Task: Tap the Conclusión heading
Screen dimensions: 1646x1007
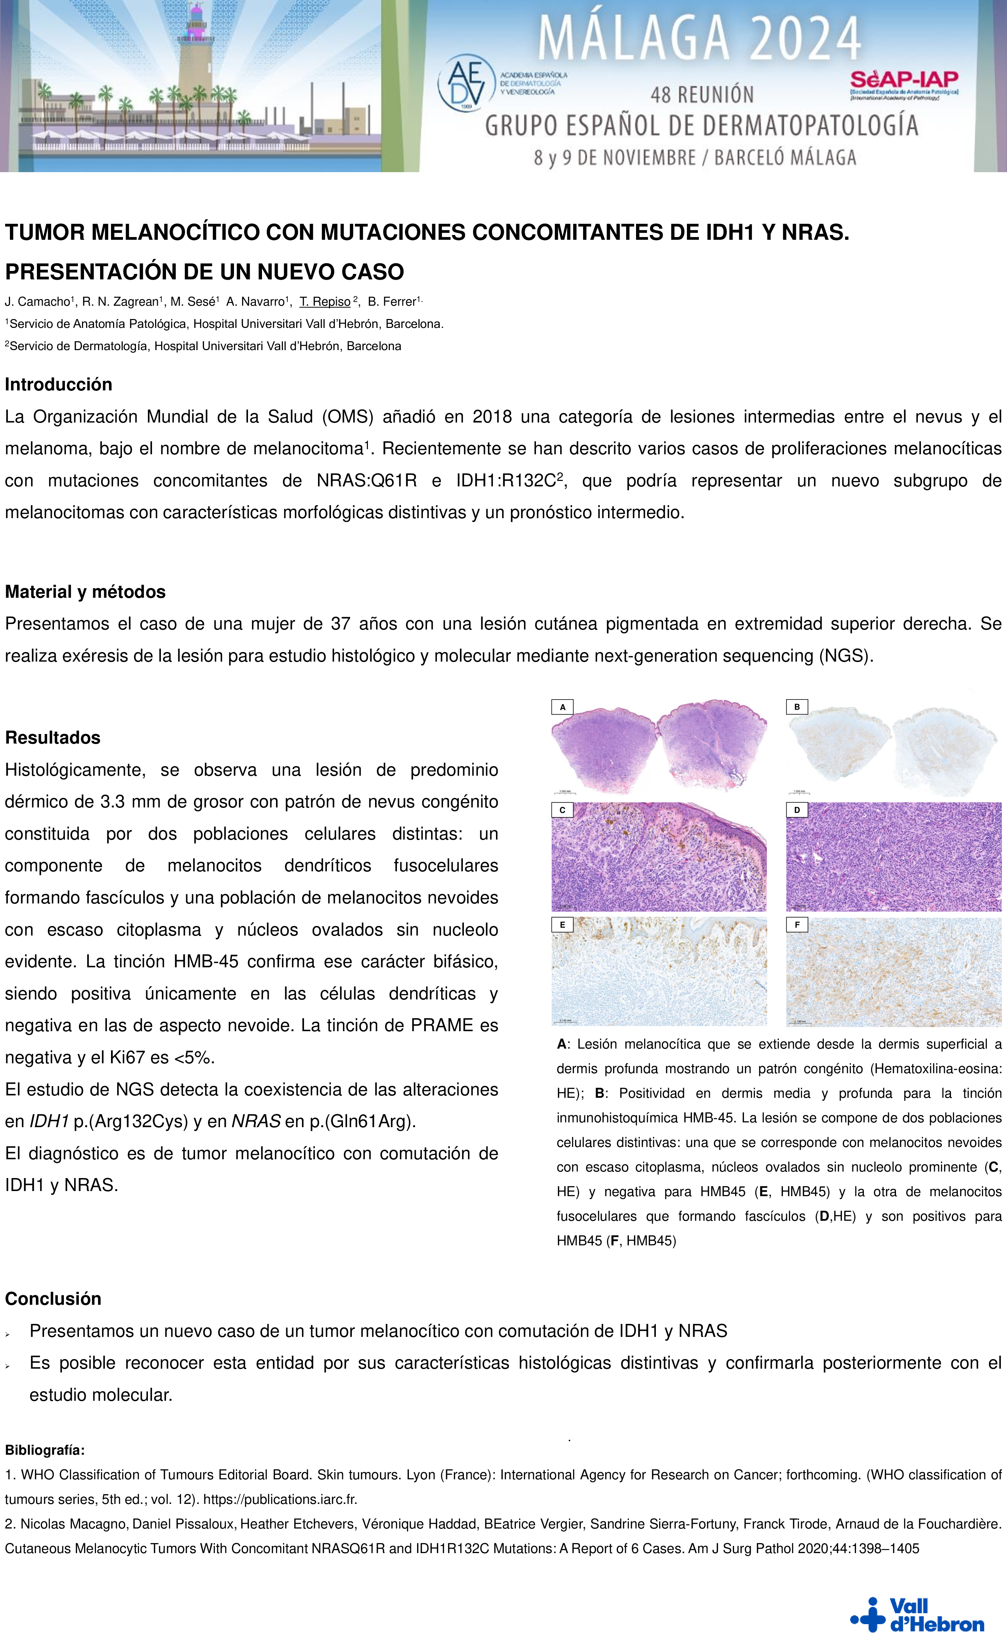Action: [53, 1299]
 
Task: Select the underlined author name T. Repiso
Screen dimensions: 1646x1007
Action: [325, 302]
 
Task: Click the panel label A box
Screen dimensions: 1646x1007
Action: [562, 707]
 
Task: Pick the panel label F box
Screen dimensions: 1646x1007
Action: [797, 925]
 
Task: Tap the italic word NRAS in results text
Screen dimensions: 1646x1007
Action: [255, 1122]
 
